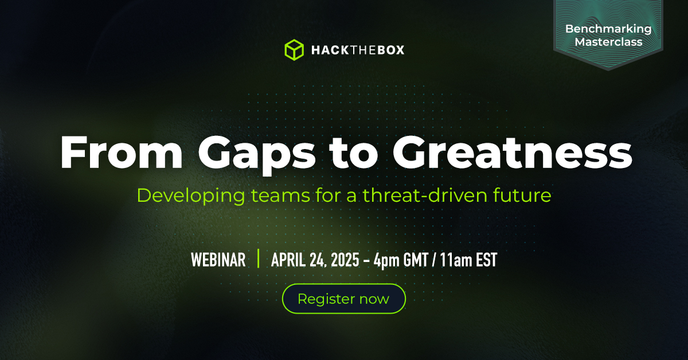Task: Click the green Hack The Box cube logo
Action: [x=294, y=50]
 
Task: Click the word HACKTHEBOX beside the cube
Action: [x=357, y=50]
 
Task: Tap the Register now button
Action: [x=343, y=299]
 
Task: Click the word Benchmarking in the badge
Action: [x=608, y=29]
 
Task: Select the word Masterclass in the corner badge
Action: [x=608, y=42]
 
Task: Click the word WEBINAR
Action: [x=218, y=260]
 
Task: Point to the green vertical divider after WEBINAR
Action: [x=259, y=259]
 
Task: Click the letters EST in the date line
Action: [x=485, y=260]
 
